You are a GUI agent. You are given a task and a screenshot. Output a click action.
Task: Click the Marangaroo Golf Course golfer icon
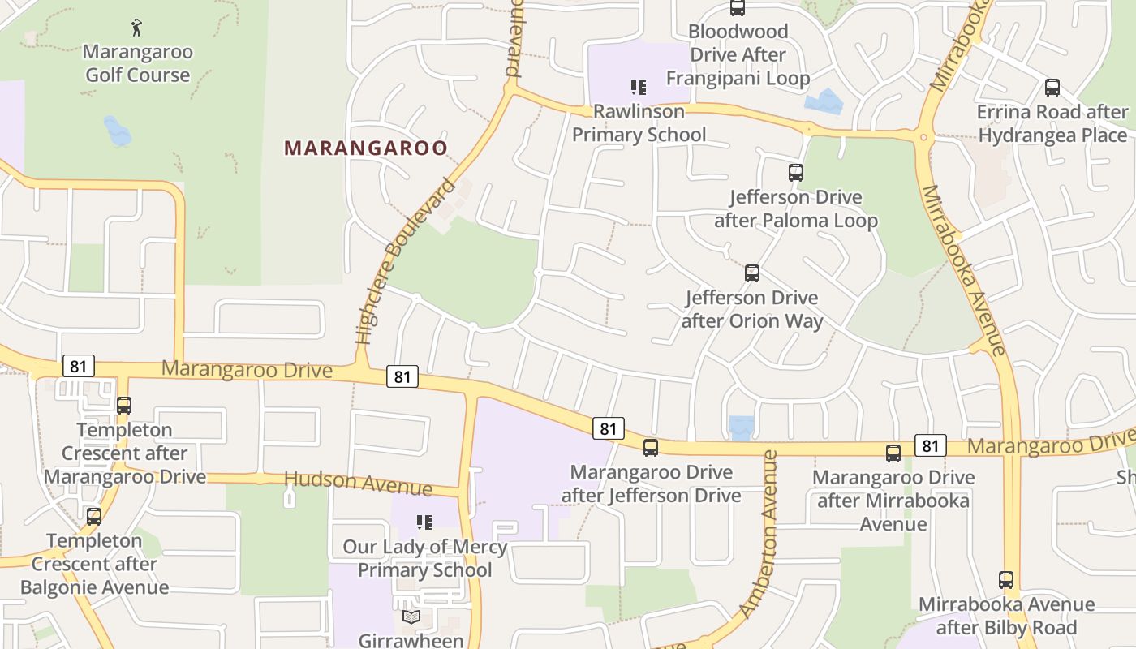coord(136,28)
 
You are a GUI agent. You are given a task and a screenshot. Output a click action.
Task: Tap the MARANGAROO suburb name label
coord(366,148)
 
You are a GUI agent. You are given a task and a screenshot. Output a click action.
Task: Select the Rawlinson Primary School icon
coord(639,87)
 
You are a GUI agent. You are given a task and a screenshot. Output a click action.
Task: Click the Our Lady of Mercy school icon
coord(424,522)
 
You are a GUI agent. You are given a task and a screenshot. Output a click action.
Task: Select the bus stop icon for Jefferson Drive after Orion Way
coord(752,273)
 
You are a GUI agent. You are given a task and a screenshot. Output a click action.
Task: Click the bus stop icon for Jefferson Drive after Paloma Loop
coord(796,173)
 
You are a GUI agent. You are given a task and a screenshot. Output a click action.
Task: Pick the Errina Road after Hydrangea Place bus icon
coord(1052,88)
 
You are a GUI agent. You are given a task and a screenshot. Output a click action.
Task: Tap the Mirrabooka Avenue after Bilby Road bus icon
coord(1006,580)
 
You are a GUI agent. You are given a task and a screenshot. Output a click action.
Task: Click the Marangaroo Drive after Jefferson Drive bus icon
coord(651,448)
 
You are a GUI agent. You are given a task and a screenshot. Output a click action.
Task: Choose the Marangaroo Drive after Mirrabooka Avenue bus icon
coord(893,453)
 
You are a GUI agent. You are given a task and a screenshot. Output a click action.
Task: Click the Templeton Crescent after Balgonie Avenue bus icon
coord(94,517)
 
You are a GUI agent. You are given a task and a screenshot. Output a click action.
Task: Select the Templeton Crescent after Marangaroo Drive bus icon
coord(124,406)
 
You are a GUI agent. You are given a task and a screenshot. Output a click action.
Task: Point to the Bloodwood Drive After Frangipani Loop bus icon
coord(737,8)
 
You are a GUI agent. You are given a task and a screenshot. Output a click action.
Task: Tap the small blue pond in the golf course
coord(118,131)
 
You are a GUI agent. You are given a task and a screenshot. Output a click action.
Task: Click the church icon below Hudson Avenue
coord(289,496)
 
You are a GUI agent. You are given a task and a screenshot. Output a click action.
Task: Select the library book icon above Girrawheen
coord(411,617)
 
